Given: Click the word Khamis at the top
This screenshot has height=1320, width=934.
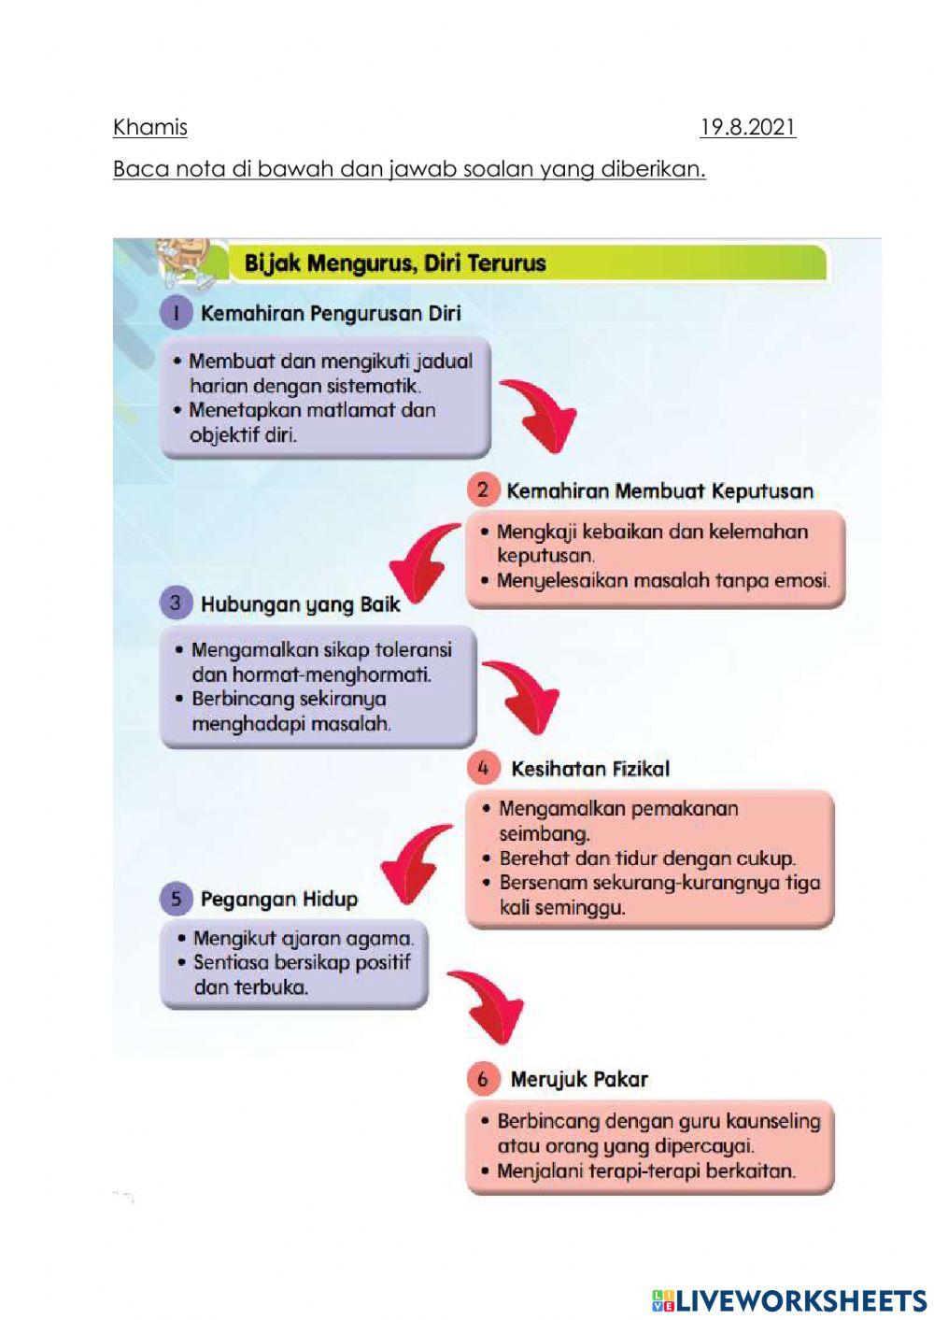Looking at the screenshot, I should pos(149,127).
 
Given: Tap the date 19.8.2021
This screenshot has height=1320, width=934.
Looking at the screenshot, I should pos(747,127).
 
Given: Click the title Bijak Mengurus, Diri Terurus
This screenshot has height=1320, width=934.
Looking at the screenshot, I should pos(394,263).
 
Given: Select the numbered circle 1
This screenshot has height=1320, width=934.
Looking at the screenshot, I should pos(176,313).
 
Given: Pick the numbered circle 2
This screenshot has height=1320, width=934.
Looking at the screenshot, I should pos(483,490).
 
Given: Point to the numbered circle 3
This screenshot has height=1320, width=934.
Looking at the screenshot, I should pos(176,603).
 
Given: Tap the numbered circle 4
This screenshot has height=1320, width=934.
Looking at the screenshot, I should pos(483,769).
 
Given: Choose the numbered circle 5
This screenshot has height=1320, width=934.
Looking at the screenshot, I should pos(176,899).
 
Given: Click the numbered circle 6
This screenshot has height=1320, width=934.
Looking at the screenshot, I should pos(483,1079).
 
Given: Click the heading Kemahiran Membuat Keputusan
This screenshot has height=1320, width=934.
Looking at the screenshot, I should pos(659,491).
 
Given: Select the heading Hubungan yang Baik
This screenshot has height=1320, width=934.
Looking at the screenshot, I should pos(300,604).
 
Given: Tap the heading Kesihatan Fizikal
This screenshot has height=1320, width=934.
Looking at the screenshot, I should pos(590,770).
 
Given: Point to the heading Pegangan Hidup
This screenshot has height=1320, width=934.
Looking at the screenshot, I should pos(278,900).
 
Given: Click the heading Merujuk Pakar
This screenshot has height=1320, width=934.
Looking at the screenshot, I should pos(579,1080).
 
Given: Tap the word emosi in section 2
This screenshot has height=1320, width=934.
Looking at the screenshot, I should pos(801,581).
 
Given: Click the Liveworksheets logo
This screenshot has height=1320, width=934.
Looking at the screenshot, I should pos(789,1300).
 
